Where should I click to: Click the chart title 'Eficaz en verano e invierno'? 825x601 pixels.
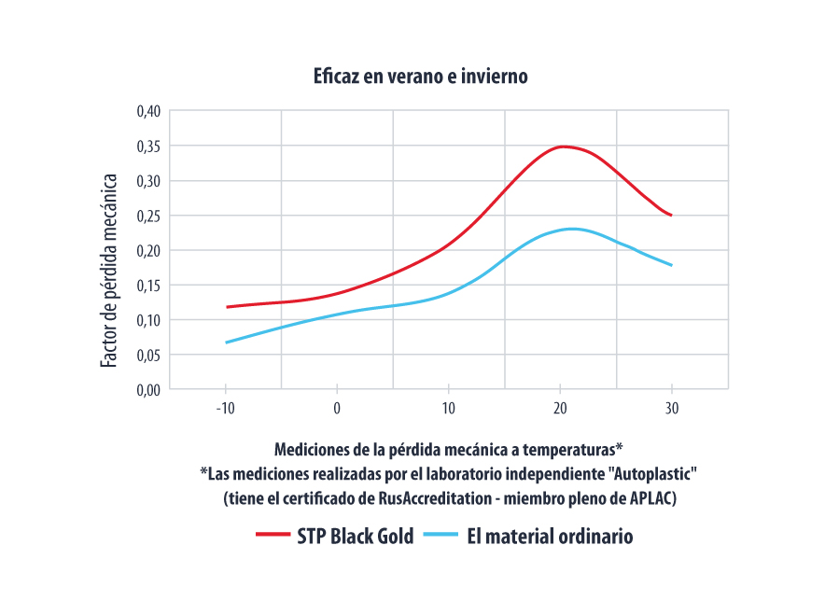[421, 77]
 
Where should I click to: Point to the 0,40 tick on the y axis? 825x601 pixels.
[149, 111]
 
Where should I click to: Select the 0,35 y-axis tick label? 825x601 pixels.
[149, 146]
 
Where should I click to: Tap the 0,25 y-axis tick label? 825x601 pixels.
[149, 216]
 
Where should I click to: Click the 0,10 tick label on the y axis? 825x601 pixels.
[149, 320]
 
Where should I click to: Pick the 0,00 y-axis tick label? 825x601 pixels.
[149, 389]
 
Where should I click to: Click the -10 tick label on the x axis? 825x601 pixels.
[225, 408]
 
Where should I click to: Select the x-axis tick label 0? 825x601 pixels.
[337, 408]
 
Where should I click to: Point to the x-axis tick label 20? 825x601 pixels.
[560, 408]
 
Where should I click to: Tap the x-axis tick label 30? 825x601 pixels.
[672, 408]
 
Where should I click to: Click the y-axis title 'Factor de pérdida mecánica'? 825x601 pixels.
[109, 271]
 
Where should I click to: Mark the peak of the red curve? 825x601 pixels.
[561, 147]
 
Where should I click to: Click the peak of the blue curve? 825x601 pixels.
[571, 229]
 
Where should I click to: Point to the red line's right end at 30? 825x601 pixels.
[671, 215]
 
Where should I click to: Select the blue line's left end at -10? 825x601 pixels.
[226, 342]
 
